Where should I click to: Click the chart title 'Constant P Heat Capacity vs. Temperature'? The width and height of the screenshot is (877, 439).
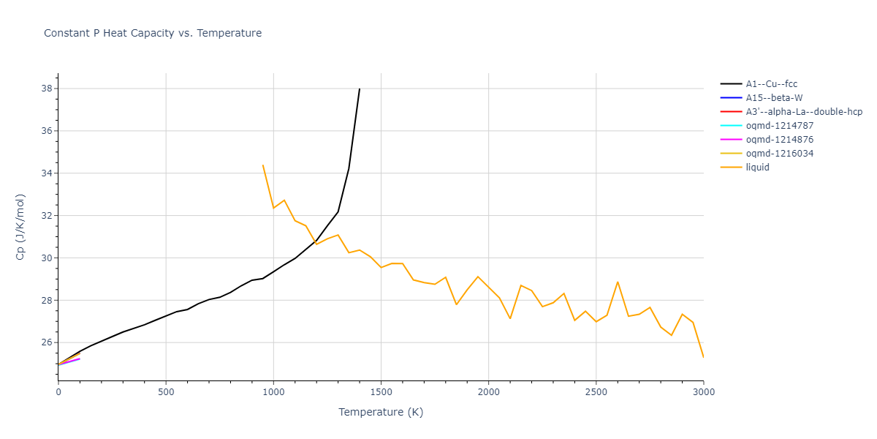pyautogui.click(x=153, y=33)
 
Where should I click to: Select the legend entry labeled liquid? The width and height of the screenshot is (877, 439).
pyautogui.click(x=757, y=168)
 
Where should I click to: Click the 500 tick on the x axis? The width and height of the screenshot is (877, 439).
pyautogui.click(x=166, y=392)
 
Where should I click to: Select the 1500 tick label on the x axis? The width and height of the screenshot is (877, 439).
pyautogui.click(x=381, y=392)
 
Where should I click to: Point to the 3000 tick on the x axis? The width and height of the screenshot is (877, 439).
pyautogui.click(x=703, y=392)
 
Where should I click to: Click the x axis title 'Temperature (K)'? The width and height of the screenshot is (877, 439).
pyautogui.click(x=381, y=412)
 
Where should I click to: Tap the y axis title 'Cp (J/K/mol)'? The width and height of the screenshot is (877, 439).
pyautogui.click(x=20, y=227)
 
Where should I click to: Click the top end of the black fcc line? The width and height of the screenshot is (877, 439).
pyautogui.click(x=360, y=89)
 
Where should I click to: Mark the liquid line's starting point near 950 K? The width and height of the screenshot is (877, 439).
pyautogui.click(x=262, y=165)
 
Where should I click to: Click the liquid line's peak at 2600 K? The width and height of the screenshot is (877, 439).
pyautogui.click(x=618, y=282)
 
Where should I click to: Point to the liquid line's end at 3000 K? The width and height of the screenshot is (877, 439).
pyautogui.click(x=703, y=357)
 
